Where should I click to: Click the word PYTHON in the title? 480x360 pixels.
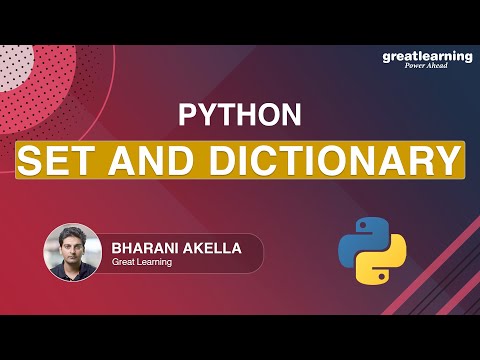(x=239, y=115)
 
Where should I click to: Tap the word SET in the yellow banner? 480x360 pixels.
(x=55, y=159)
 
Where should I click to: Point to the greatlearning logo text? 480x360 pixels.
(x=426, y=57)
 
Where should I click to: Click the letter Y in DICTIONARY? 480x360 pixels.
(x=448, y=159)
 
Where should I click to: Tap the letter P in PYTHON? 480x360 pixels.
(x=187, y=115)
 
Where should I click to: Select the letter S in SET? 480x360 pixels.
(x=32, y=159)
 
